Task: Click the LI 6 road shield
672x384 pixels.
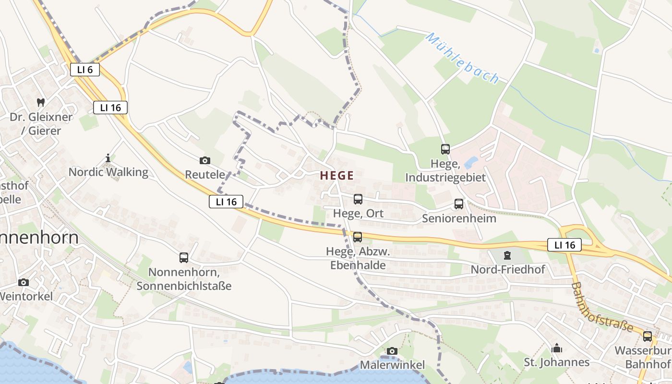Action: coord(84,69)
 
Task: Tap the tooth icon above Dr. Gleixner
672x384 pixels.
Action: coord(41,102)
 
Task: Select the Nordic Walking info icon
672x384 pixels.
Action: coord(108,157)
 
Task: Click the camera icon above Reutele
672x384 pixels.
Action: coord(205,160)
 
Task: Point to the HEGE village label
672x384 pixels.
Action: coord(337,176)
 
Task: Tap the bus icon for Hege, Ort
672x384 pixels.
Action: coord(358,199)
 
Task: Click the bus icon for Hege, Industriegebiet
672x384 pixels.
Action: coord(445,149)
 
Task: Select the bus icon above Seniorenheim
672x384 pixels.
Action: coord(459,204)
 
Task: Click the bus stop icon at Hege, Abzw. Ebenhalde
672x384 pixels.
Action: coord(358,237)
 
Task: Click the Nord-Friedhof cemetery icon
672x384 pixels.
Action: coord(507,255)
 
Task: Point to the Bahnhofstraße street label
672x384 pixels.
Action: coord(602,307)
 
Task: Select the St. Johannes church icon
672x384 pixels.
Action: coord(557,348)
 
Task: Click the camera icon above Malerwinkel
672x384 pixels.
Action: coord(392,351)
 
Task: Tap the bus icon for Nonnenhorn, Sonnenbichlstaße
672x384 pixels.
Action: coord(184,258)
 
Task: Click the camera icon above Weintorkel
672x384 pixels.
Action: coord(23,282)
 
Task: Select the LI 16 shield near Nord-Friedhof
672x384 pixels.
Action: coord(564,245)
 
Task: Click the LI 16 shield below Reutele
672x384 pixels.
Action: coord(226,202)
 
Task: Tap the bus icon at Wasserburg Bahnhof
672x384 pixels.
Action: coord(648,336)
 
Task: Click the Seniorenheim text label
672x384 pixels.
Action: coord(459,218)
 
